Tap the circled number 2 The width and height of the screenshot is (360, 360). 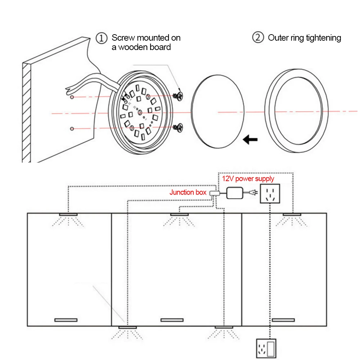click(x=258, y=38)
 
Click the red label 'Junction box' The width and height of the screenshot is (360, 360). click(x=188, y=192)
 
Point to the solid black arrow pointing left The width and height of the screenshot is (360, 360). click(x=250, y=139)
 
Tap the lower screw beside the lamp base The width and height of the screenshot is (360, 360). click(x=178, y=127)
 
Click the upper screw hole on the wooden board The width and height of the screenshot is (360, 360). click(x=72, y=98)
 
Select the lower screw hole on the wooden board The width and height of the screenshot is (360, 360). click(x=72, y=129)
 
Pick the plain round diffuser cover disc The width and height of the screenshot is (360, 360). click(x=218, y=113)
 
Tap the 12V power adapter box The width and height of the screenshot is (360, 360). click(x=234, y=193)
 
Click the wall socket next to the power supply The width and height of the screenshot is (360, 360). click(x=270, y=194)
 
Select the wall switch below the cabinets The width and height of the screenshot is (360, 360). click(x=266, y=348)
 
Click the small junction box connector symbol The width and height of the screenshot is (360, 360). click(x=214, y=193)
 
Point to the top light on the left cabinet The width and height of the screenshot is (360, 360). click(x=68, y=215)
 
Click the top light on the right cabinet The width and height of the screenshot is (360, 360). click(x=292, y=215)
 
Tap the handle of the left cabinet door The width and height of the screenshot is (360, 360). click(x=66, y=320)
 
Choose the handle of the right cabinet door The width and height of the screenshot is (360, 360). click(x=283, y=320)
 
